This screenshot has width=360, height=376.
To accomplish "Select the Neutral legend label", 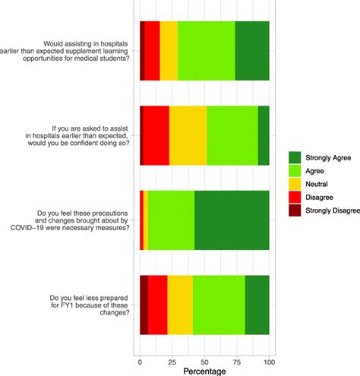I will (317, 185).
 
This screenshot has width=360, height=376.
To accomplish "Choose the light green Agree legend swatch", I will (295, 171).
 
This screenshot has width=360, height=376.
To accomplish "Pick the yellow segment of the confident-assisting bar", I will (188, 135).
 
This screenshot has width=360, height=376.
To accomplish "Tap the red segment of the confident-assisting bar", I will (156, 135).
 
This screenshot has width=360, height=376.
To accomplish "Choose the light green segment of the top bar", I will (206, 51).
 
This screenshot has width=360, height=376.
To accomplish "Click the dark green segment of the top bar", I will (251, 51).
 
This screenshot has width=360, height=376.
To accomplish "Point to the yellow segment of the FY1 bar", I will (179, 305).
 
